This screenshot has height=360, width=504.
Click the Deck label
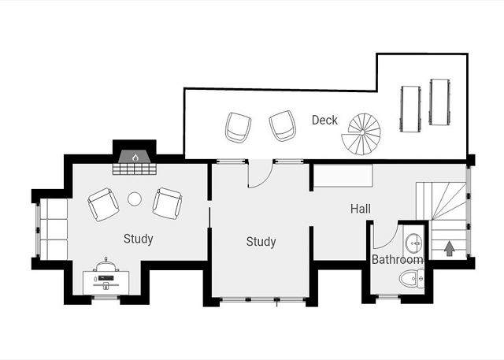(324, 121)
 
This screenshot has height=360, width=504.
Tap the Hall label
(361, 209)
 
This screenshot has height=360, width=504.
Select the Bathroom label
(397, 259)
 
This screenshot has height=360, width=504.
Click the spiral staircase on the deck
(361, 134)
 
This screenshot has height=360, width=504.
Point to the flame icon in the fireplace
(135, 158)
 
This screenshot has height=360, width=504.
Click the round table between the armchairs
(135, 199)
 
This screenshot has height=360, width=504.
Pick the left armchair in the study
(103, 205)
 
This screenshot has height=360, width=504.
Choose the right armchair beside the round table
(167, 203)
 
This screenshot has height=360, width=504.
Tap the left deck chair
(238, 128)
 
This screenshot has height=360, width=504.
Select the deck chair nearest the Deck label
(283, 126)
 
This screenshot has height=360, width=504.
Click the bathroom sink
(413, 243)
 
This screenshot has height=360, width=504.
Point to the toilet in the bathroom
(411, 279)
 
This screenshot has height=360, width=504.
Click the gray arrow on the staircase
(449, 249)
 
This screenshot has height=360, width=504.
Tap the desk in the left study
(106, 283)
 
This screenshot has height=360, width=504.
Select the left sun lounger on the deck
(410, 109)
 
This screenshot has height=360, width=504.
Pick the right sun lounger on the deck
(439, 102)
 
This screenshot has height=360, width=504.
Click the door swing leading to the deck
(261, 175)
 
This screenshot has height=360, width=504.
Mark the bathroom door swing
(387, 237)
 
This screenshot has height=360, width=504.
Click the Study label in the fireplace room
(139, 239)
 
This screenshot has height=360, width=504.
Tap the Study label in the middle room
(261, 242)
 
